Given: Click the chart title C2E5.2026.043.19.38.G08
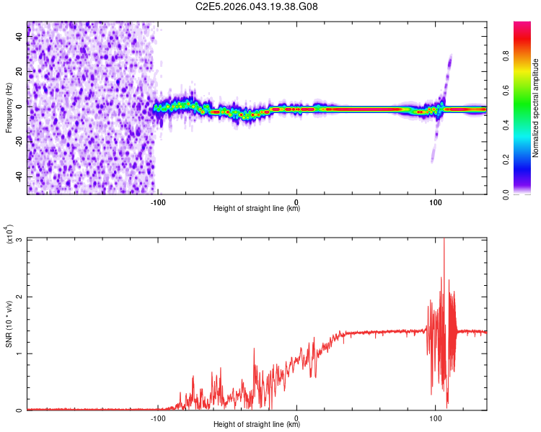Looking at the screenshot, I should point(257,6).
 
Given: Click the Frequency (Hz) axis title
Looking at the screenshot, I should point(9,108).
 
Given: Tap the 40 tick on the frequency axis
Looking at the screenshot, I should point(19,37).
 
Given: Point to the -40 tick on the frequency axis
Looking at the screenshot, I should point(19,176).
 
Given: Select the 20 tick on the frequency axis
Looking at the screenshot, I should point(19,71).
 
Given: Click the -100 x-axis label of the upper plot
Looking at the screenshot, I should point(158,201).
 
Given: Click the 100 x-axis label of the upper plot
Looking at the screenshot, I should point(435,201).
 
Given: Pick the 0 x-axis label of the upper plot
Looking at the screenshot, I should point(296,201).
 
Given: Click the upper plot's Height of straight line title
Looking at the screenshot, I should point(257,209).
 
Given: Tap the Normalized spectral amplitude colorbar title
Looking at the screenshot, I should point(536,108).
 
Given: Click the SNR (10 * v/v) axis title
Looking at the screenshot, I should point(9,324).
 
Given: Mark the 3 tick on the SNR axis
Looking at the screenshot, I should point(19,240).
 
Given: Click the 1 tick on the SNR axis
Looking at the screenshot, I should point(19,354).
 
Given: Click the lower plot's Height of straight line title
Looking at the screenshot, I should point(257,426).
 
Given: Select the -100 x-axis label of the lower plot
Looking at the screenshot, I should point(158,418).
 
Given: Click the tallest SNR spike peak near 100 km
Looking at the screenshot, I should point(444,240).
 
